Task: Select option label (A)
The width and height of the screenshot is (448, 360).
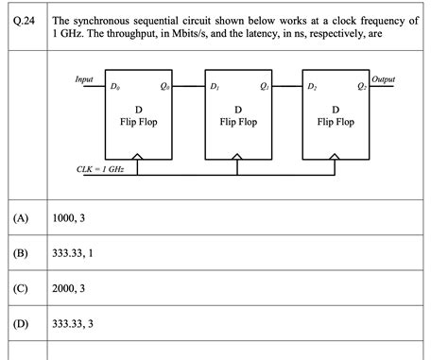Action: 22,218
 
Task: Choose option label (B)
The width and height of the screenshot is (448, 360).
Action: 22,253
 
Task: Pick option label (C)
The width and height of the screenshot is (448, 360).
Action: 22,289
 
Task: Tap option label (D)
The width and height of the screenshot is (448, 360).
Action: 22,324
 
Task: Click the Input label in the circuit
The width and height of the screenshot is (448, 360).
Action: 84,79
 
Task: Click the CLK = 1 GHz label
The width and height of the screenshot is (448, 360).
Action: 99,169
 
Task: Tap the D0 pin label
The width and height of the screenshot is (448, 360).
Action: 115,87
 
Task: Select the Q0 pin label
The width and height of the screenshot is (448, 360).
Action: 165,87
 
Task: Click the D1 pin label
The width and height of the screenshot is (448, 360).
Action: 215,87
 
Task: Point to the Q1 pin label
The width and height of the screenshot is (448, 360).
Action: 265,87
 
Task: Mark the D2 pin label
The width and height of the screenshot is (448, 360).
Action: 313,87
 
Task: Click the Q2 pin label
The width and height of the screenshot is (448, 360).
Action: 362,87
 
